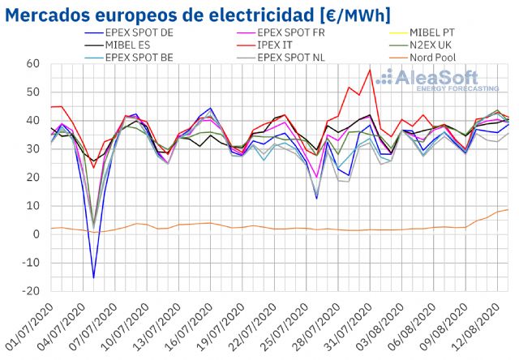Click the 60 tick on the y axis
click(x=33, y=64)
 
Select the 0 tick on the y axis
click(x=37, y=234)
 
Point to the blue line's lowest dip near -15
click(x=93, y=277)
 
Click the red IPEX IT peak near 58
click(x=370, y=70)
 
